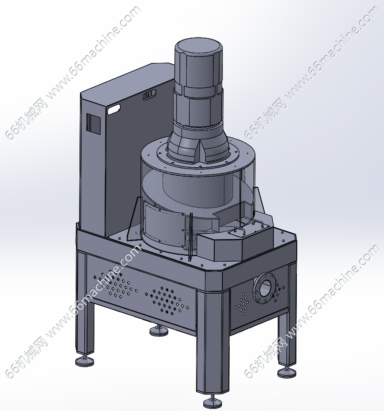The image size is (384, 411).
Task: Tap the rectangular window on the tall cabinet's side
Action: tap(94, 124)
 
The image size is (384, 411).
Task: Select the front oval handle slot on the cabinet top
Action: tap(114, 109)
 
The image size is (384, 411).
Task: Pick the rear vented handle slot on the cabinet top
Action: tap(149, 94)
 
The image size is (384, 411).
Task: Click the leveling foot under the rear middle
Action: tap(159, 330)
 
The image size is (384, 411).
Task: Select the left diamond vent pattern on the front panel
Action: tap(114, 285)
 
